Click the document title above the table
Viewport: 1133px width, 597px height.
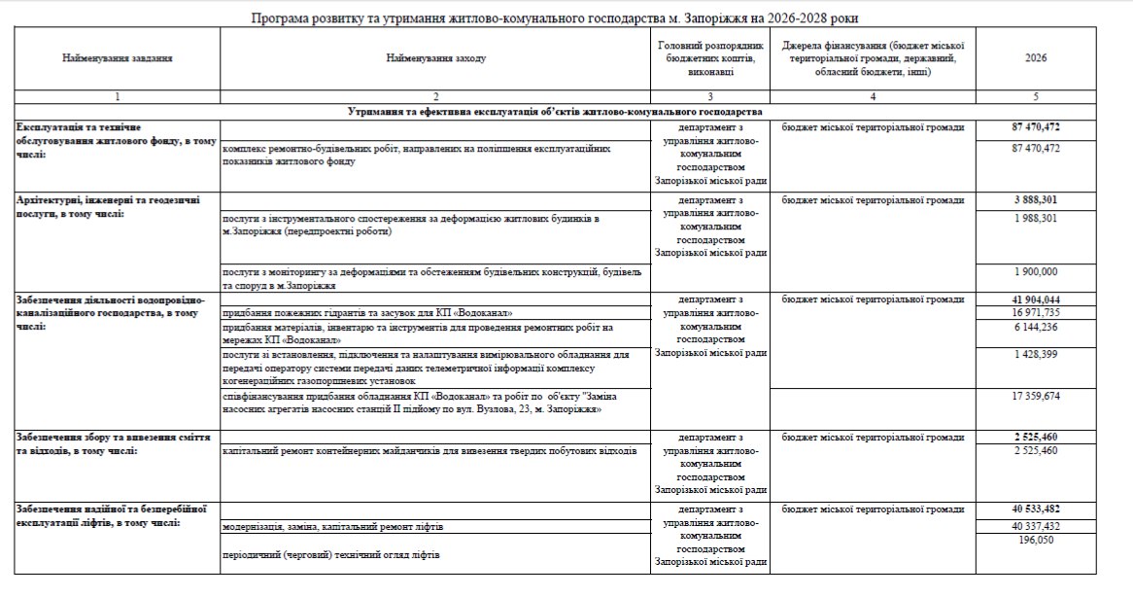click(554, 18)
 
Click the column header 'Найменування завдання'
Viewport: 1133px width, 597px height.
click(117, 58)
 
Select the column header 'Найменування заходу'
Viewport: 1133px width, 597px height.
click(435, 58)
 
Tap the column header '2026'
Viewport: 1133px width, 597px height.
click(1036, 58)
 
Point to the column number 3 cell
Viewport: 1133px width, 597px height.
click(709, 97)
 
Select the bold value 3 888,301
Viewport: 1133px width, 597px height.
click(1036, 200)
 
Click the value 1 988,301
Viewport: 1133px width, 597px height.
click(1036, 219)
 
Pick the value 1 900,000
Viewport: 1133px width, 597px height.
click(1036, 270)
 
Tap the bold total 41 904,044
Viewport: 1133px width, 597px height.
click(1036, 298)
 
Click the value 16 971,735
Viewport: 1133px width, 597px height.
click(1036, 313)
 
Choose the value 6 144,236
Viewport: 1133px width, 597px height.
click(1036, 328)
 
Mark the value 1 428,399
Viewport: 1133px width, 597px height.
click(1036, 355)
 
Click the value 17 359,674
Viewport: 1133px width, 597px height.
click(1036, 397)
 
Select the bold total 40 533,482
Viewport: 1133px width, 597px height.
click(1036, 509)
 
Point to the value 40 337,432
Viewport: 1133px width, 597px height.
click(1036, 526)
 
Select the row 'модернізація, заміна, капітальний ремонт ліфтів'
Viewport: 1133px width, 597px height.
click(333, 527)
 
